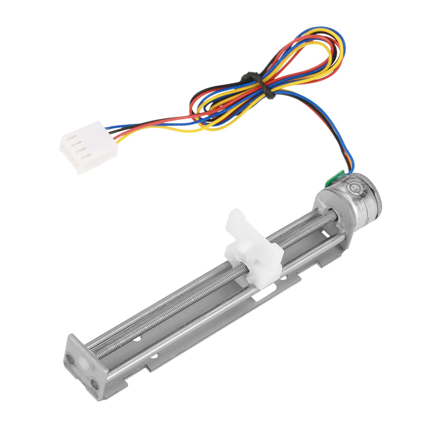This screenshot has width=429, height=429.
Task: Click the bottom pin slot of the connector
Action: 86,156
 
